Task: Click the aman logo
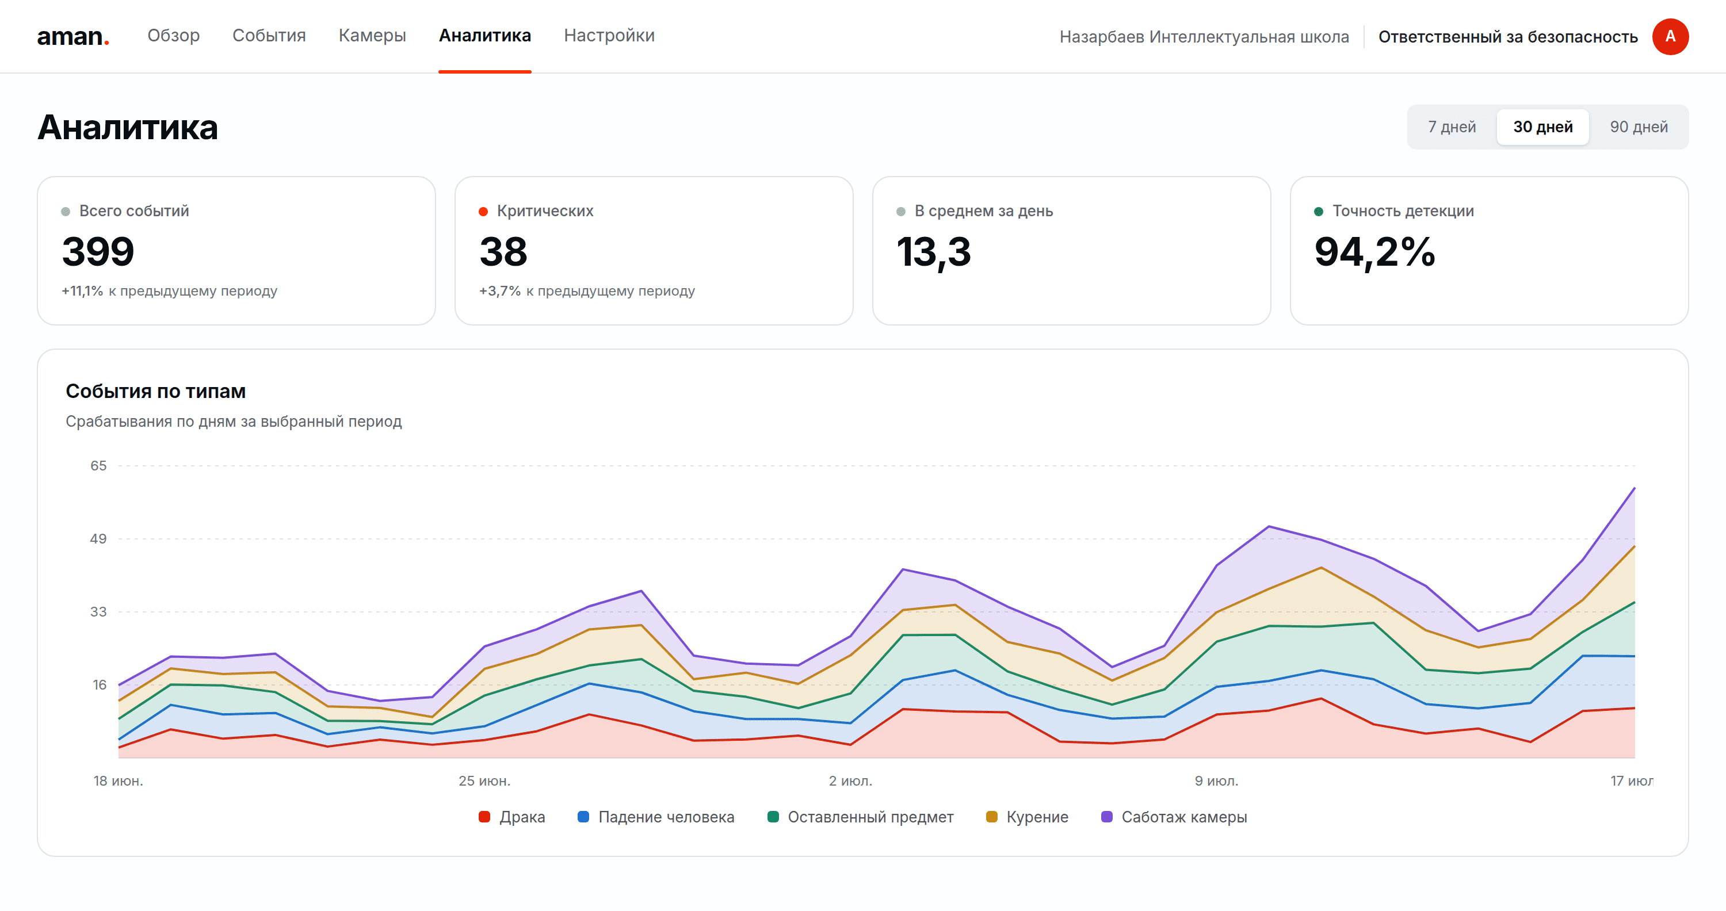[73, 36]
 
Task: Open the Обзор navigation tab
[174, 36]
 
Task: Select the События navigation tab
[269, 36]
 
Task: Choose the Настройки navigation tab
[609, 36]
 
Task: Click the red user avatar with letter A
[1670, 36]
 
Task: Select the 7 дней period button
[1452, 127]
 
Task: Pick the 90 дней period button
[1639, 127]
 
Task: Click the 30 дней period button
[1543, 127]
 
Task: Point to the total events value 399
[98, 252]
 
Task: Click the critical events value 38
[503, 252]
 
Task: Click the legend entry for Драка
[512, 817]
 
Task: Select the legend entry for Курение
[1027, 817]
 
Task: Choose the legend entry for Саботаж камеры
[1174, 817]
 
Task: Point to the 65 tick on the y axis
[98, 465]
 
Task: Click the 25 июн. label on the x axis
[484, 781]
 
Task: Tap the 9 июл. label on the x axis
[1217, 781]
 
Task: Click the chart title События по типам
[155, 391]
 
